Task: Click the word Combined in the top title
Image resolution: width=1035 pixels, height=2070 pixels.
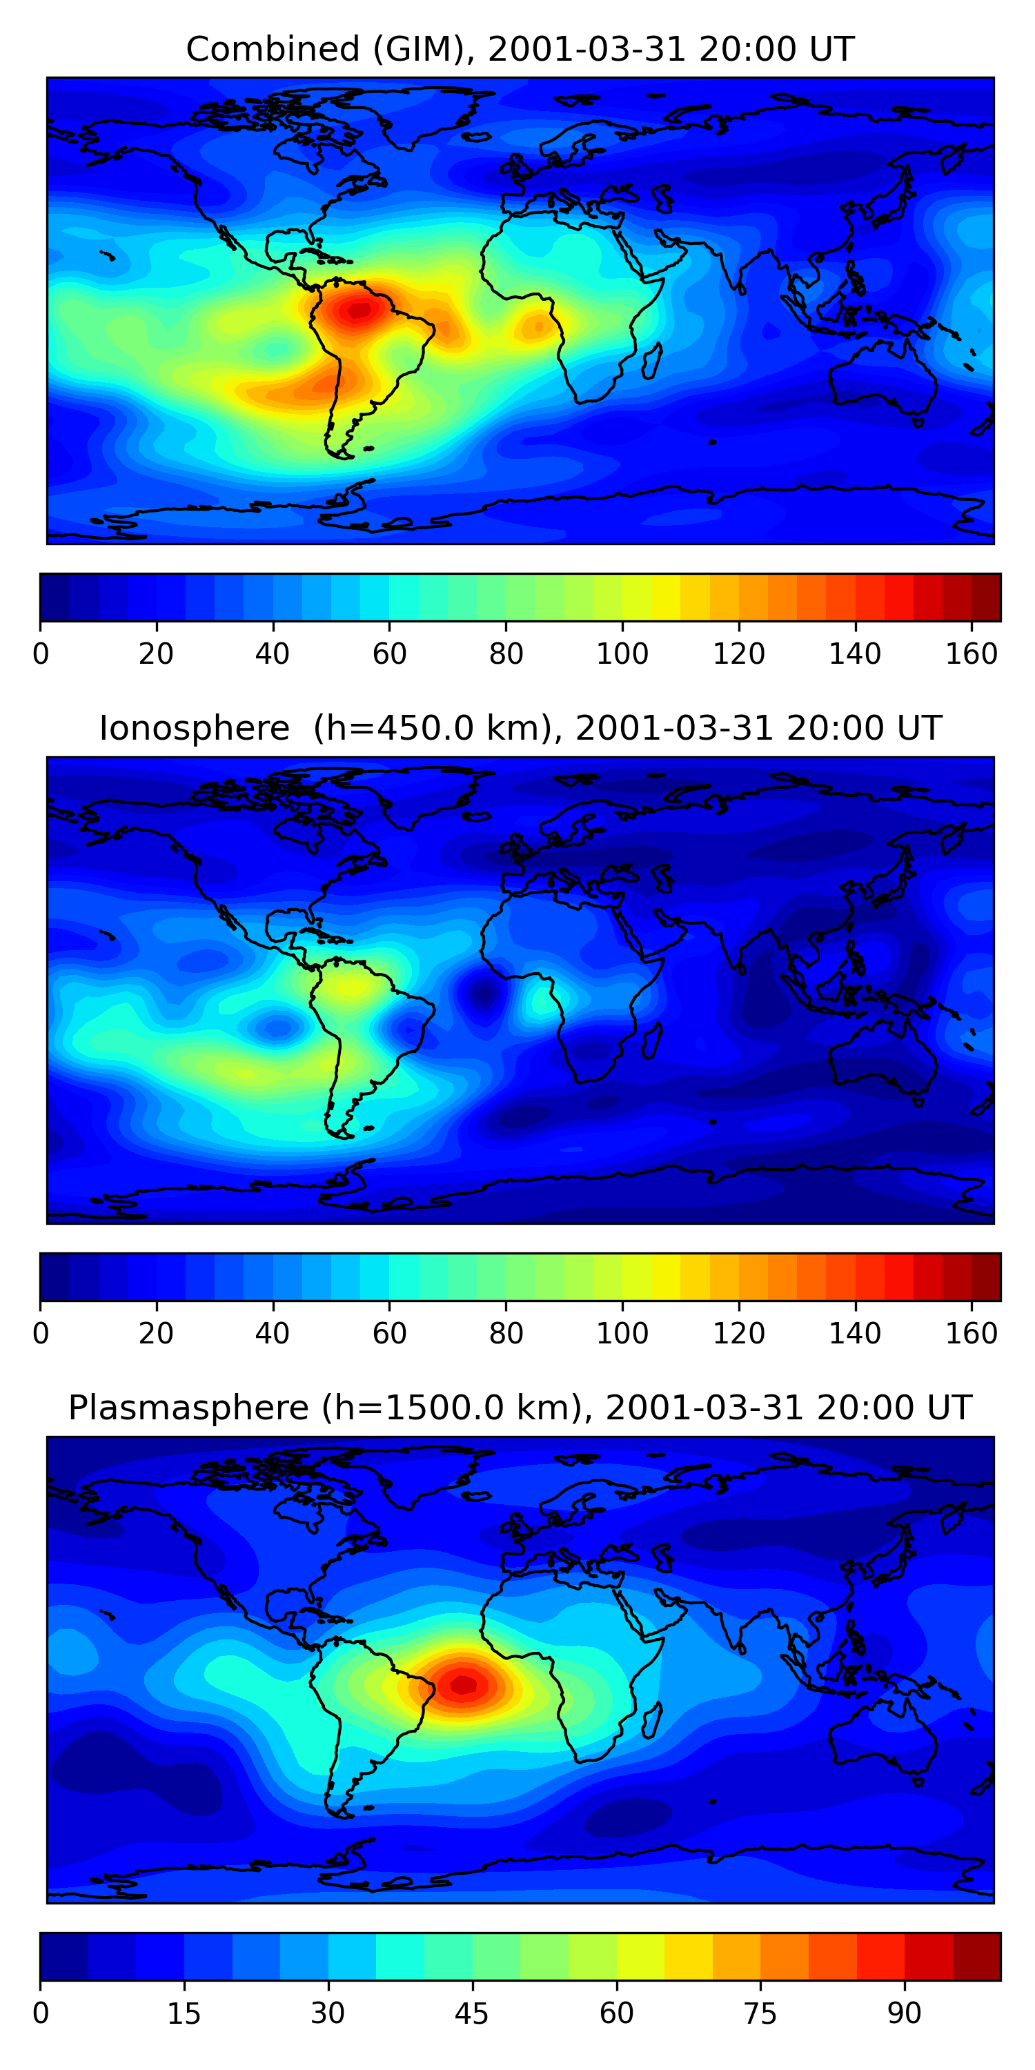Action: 272,50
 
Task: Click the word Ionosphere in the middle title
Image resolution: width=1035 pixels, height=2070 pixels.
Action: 194,729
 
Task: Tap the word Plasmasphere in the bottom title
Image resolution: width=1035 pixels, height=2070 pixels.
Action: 188,1408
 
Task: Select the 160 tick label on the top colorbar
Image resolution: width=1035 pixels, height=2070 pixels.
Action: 972,655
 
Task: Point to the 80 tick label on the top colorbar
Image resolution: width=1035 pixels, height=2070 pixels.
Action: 506,655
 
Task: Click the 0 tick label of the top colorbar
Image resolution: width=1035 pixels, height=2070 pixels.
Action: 41,655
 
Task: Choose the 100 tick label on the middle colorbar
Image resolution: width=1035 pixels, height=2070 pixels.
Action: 622,1334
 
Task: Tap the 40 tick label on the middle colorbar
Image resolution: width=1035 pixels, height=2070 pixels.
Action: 273,1334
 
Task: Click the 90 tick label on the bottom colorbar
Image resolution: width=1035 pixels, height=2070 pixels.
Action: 904,2013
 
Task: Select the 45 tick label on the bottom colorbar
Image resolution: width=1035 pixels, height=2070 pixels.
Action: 472,2013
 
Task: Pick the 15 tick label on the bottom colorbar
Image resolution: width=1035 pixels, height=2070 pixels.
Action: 184,2013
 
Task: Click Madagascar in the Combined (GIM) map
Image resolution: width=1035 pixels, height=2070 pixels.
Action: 651,359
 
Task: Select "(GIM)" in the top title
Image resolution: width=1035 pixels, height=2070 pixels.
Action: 419,50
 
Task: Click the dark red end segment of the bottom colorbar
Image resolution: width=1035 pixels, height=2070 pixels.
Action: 976,1958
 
